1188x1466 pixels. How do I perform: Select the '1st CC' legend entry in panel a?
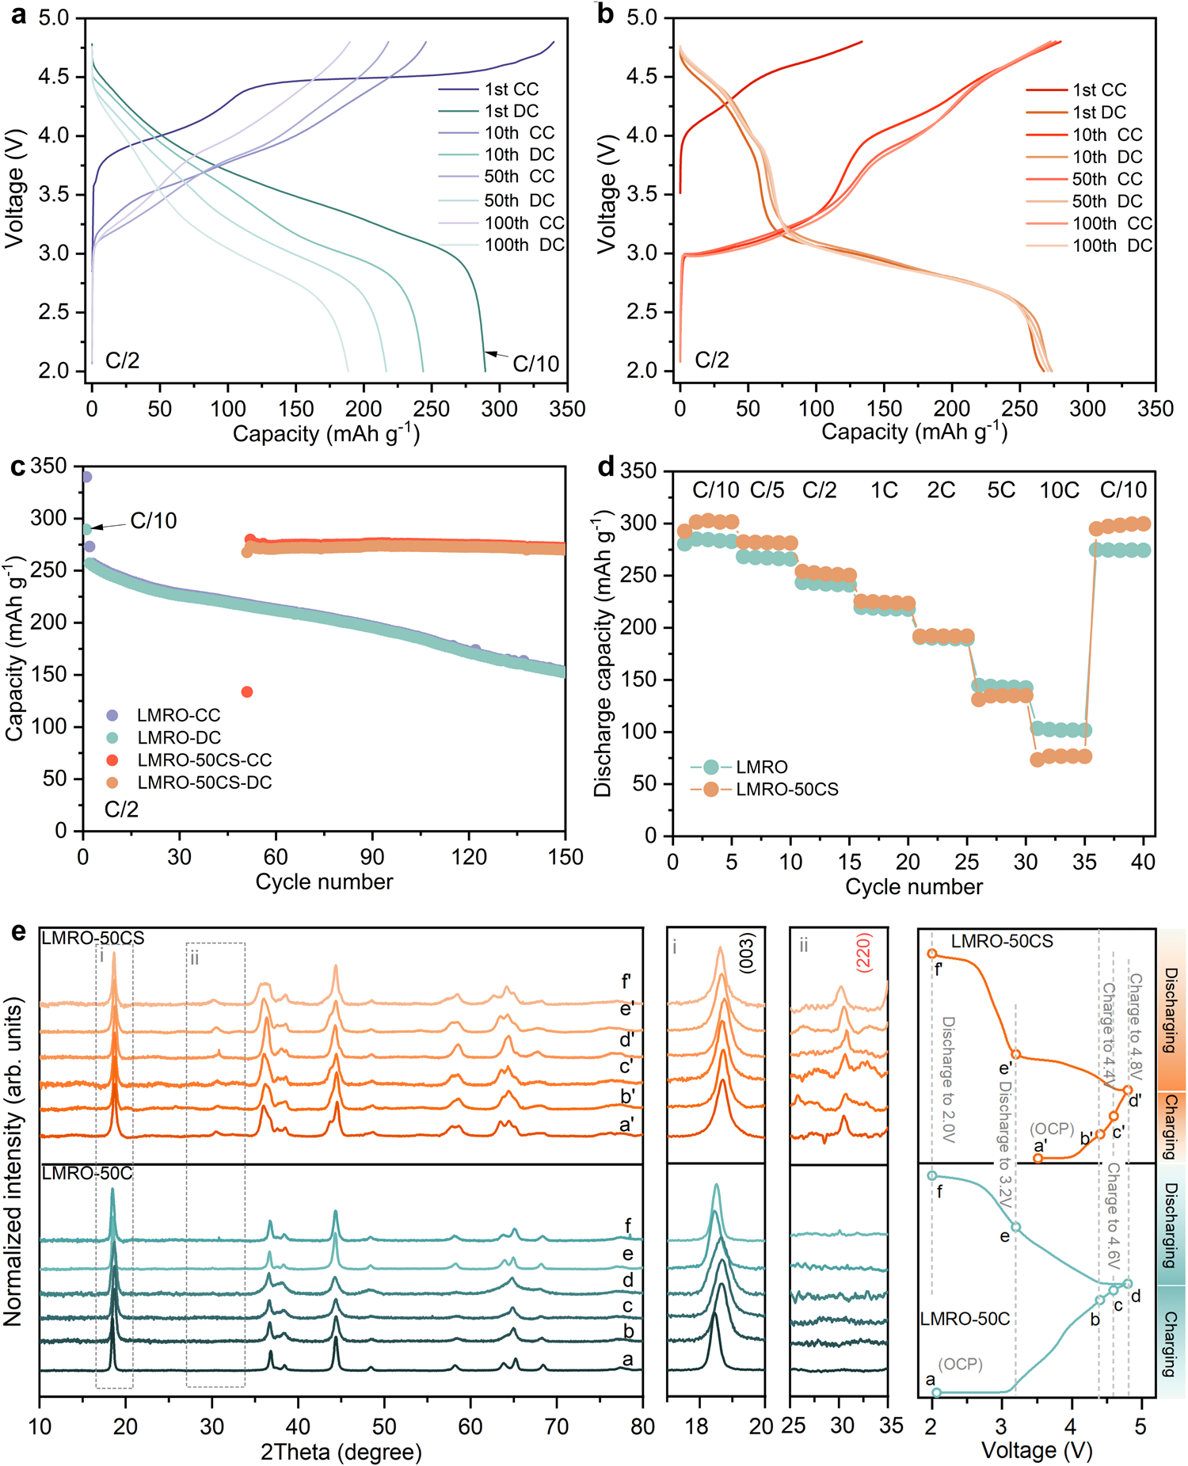512,89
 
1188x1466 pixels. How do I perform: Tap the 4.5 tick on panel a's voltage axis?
54,77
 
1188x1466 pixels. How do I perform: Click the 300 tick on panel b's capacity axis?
1087,409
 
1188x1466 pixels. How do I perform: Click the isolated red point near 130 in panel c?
246,692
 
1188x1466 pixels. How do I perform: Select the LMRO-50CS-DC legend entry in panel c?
204,783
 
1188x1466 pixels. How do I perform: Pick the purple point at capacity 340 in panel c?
86,477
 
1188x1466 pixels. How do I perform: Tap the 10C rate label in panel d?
1059,491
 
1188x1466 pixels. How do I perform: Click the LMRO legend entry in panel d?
761,767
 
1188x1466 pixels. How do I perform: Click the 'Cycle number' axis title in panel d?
913,887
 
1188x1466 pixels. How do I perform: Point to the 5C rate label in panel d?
1001,491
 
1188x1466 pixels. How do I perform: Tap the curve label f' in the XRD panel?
626,983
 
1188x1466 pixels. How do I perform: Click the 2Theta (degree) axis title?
341,1452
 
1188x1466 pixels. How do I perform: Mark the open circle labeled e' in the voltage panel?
1016,1055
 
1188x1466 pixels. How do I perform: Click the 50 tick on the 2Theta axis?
384,1426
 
